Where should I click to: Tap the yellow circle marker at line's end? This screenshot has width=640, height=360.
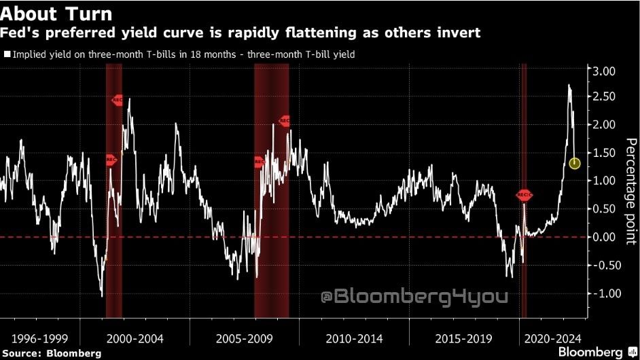pyautogui.click(x=574, y=164)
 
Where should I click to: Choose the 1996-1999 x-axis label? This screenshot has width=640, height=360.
pyautogui.click(x=40, y=338)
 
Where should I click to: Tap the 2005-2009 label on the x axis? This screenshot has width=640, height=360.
pyautogui.click(x=243, y=338)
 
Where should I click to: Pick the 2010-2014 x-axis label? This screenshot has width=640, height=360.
pyautogui.click(x=354, y=338)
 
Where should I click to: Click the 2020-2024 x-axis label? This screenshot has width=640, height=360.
pyautogui.click(x=554, y=338)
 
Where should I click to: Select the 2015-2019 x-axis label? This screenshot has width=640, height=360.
pyautogui.click(x=463, y=338)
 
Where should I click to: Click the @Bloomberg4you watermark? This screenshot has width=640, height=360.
pyautogui.click(x=414, y=297)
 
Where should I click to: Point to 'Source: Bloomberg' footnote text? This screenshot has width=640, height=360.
pyautogui.click(x=51, y=353)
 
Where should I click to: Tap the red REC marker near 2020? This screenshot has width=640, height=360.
pyautogui.click(x=524, y=195)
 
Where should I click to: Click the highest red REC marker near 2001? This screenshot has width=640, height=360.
pyautogui.click(x=118, y=100)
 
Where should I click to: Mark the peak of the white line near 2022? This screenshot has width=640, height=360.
pyautogui.click(x=569, y=86)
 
